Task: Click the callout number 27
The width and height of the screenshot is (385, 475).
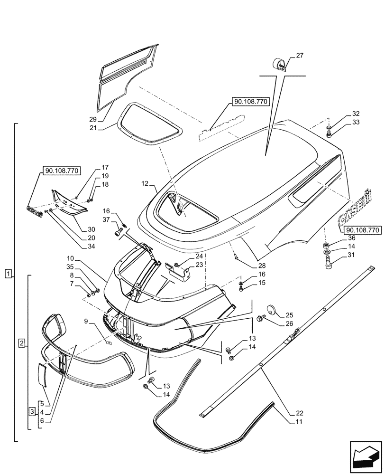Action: tap(300, 56)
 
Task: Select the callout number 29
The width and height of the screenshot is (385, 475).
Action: tap(93, 119)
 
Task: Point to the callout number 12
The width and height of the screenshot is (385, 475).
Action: tap(145, 183)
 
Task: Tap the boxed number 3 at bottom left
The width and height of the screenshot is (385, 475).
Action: tap(31, 411)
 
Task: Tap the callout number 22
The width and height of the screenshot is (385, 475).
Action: tap(292, 413)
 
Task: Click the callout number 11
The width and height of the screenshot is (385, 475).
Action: tap(292, 421)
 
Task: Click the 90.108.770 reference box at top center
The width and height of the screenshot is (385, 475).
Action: tap(250, 102)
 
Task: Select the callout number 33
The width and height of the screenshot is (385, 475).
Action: tap(356, 123)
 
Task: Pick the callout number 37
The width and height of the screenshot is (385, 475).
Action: tap(106, 219)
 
